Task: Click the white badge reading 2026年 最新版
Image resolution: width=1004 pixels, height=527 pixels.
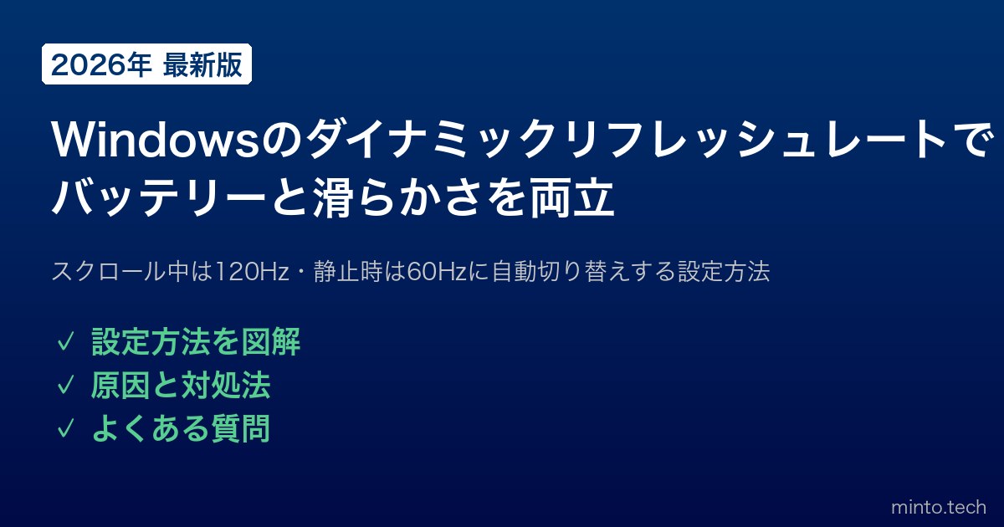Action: [x=146, y=64]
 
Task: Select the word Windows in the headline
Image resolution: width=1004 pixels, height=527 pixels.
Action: [x=156, y=140]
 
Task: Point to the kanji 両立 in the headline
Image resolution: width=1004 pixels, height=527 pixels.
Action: [x=572, y=197]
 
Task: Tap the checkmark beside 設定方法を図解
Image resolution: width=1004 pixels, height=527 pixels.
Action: [x=65, y=342]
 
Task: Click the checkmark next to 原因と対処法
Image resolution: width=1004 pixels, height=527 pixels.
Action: [x=65, y=386]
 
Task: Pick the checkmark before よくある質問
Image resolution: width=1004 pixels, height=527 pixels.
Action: [x=65, y=428]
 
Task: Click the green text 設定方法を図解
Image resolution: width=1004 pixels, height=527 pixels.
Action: [x=196, y=342]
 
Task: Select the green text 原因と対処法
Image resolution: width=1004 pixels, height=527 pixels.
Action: [x=181, y=385]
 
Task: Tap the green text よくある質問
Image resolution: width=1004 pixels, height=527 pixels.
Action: [x=181, y=428]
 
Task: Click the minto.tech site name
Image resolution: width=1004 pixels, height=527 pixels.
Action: [x=939, y=507]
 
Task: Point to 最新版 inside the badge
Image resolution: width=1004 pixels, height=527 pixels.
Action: [x=202, y=65]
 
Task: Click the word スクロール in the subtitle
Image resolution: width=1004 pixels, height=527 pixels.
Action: [x=109, y=271]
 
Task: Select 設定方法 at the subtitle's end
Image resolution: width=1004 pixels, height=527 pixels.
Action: [x=724, y=271]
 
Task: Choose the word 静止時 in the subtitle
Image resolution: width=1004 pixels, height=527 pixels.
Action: [x=348, y=271]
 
